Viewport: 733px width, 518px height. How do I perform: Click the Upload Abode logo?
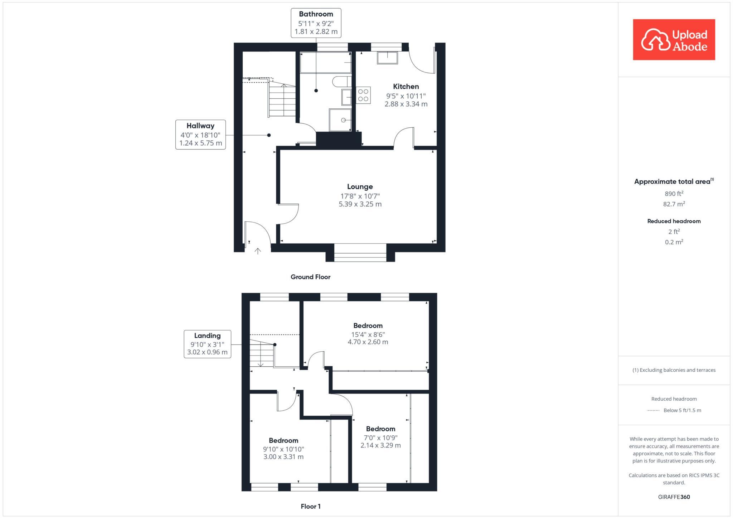(674, 40)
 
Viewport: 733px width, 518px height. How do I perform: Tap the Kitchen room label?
(406, 87)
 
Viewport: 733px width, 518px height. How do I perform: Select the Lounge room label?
(360, 187)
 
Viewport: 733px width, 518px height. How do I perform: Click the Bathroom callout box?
(316, 23)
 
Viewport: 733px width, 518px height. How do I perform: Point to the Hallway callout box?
(200, 135)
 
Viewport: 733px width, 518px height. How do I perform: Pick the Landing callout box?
(207, 344)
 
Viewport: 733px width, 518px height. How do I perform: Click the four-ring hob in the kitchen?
(363, 95)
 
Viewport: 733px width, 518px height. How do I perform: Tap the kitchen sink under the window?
(387, 58)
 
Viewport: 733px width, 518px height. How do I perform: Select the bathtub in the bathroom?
(325, 63)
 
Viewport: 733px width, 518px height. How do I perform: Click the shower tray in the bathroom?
(340, 120)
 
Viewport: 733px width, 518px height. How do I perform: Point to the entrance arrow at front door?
(258, 251)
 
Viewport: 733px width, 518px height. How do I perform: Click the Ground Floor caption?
(310, 277)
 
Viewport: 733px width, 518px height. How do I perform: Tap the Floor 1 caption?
(311, 506)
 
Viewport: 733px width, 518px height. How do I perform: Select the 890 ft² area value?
(674, 194)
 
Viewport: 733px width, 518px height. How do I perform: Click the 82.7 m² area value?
(674, 204)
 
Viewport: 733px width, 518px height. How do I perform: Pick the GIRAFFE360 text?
(674, 497)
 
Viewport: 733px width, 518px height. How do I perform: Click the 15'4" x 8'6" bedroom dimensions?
(368, 334)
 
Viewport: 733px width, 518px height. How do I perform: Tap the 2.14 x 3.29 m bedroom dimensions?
(380, 445)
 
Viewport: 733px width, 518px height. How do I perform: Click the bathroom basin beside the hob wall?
(346, 97)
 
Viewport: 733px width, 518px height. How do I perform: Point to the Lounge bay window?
(360, 253)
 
